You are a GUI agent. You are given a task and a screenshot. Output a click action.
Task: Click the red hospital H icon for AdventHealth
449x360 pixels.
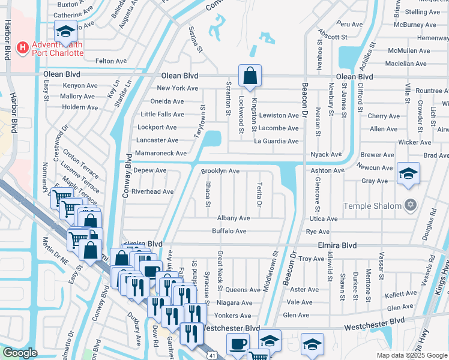[x=23, y=46]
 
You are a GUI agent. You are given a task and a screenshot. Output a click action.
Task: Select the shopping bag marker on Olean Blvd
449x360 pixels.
[x=249, y=76]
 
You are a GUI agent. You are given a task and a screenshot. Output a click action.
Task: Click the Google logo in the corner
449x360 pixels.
[x=20, y=352]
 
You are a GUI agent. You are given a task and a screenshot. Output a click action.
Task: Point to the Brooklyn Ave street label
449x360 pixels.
[x=220, y=171]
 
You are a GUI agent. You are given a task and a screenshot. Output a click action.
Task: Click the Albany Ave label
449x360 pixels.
[x=234, y=218]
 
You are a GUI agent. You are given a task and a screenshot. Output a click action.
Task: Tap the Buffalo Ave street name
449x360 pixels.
[x=229, y=231]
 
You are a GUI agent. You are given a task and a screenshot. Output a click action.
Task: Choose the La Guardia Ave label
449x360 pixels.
[x=276, y=142]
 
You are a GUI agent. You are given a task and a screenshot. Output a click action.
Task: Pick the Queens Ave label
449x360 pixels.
[x=243, y=290]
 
